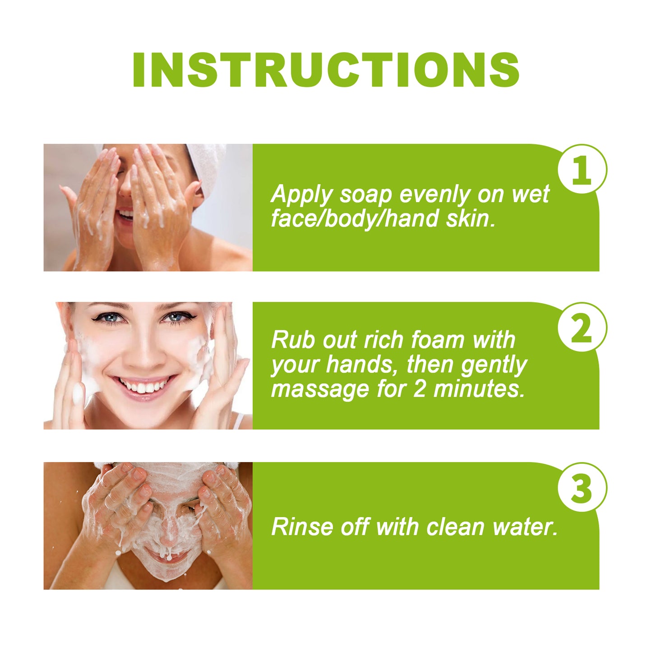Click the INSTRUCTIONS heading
tap(326, 70)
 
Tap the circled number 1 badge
tap(582, 170)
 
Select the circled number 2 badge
tap(582, 328)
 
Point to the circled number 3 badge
tap(582, 487)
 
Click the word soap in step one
tap(365, 195)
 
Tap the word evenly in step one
tap(435, 195)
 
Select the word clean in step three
tap(455, 527)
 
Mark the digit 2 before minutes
tap(420, 389)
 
